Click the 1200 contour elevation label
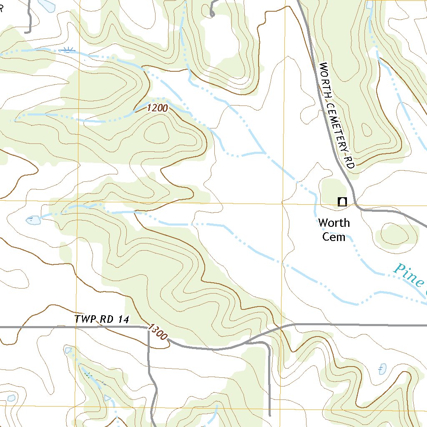157,108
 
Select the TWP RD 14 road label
102,319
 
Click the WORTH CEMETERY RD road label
337,115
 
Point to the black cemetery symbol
342,202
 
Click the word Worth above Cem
334,223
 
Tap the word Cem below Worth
334,237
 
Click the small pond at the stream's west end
33,220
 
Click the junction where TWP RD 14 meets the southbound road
148,327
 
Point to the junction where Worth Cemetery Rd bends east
355,204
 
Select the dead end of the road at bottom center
270,415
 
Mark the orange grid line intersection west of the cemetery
282,203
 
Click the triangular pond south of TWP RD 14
68,350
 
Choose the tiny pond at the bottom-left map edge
11,398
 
